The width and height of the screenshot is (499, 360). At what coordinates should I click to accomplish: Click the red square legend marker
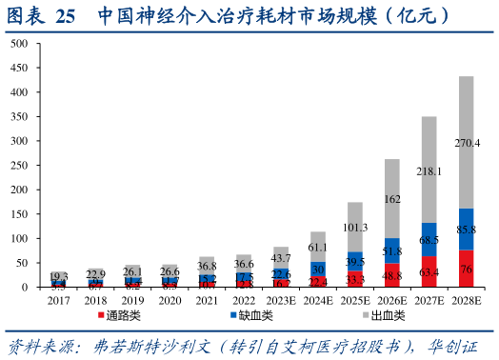[101, 314]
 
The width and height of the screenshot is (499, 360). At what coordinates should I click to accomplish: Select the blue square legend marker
[233, 314]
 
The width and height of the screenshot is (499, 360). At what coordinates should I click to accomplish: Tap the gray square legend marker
[366, 314]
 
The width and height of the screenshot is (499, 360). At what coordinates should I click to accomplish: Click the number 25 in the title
[66, 16]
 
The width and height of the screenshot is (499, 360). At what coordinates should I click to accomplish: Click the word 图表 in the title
[26, 16]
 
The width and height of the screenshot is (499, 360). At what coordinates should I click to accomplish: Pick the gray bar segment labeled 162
[392, 199]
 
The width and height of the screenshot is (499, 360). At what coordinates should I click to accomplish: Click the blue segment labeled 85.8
[467, 230]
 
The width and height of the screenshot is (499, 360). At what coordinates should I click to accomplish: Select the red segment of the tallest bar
[467, 269]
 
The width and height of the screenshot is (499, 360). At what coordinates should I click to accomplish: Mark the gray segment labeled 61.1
[318, 247]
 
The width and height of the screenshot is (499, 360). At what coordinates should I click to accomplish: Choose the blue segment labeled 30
[318, 270]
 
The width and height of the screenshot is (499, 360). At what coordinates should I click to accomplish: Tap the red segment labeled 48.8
[392, 275]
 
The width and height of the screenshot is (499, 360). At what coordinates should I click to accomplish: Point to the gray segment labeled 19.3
[59, 275]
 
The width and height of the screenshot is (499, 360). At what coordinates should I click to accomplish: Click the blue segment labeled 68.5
[429, 240]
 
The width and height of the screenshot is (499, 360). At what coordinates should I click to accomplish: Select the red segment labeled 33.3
[355, 280]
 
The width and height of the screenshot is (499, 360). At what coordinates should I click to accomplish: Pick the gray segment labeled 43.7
[281, 257]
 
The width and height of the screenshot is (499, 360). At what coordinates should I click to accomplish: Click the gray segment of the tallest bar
[467, 143]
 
